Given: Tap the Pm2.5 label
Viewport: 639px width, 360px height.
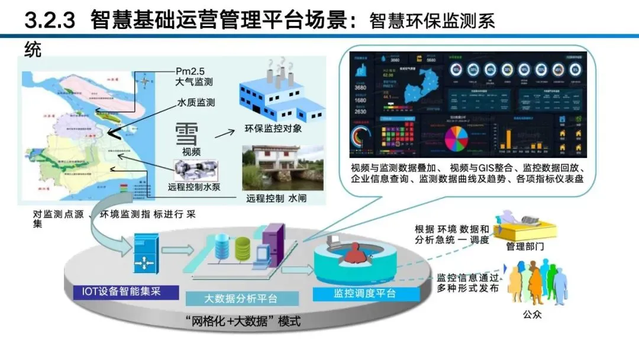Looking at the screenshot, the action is pos(191,70).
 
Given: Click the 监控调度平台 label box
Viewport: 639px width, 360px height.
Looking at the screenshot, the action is pos(356,293).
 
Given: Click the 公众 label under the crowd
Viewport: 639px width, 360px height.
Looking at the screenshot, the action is pos(532,314).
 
